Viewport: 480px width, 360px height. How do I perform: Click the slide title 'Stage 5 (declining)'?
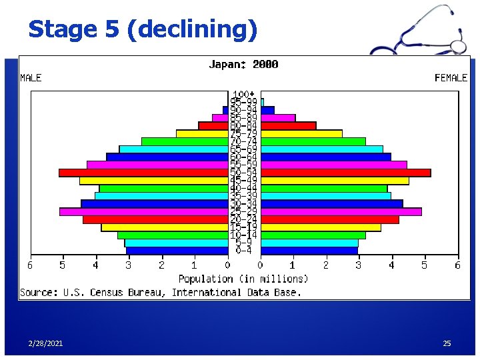coord(142,29)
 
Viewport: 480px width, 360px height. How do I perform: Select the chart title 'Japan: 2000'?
coord(243,65)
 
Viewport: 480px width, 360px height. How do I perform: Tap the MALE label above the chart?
coord(31,78)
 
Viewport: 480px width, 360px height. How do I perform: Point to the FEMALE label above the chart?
coord(451,78)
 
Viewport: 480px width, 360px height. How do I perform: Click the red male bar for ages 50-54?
coord(143,173)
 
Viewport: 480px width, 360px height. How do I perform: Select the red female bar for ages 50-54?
coord(345,173)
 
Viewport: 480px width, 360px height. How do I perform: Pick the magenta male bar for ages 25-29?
coord(144,212)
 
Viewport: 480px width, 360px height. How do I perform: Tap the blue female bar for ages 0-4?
coord(309,251)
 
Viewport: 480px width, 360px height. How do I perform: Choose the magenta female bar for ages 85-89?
coord(277,118)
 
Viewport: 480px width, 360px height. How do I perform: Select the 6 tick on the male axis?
coord(29,265)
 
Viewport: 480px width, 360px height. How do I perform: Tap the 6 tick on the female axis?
coord(457,265)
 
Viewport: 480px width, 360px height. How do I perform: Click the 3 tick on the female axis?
coord(359,265)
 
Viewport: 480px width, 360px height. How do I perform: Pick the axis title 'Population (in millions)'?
coord(243,279)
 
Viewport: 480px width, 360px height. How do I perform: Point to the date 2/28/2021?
coord(46,343)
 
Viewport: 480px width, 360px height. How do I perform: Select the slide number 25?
coord(447,343)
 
